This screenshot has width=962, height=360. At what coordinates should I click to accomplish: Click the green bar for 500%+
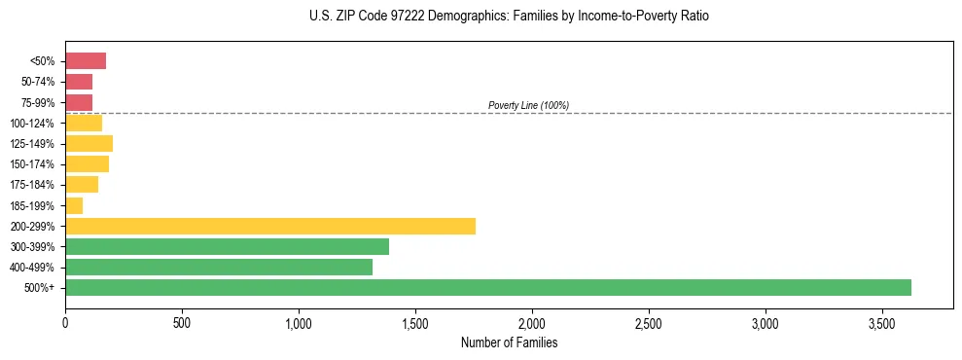tap(487, 287)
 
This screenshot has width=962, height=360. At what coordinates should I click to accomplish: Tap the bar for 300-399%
tap(227, 246)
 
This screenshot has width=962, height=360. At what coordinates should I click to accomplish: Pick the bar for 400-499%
tap(219, 267)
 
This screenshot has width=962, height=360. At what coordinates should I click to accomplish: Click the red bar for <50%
tap(86, 61)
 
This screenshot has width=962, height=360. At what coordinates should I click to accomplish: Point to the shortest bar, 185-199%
tap(74, 205)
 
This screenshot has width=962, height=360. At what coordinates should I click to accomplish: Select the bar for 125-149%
tap(89, 144)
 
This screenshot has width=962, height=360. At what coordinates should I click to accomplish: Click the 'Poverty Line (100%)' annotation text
tap(528, 105)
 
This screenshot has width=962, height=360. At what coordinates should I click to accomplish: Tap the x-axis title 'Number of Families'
tap(509, 343)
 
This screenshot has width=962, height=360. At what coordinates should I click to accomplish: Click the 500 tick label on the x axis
tap(182, 323)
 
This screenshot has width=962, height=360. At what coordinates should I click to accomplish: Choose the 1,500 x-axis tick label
tap(415, 323)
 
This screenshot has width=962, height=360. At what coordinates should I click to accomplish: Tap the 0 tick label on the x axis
tap(65, 323)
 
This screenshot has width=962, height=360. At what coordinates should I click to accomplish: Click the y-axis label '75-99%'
tap(37, 103)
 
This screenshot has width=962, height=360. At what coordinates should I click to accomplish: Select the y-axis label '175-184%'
tap(32, 185)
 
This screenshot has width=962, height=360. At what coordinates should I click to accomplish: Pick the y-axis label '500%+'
tap(41, 288)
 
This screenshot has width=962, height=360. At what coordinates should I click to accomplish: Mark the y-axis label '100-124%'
tap(32, 124)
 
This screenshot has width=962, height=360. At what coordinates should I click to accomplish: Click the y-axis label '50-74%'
tap(37, 83)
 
